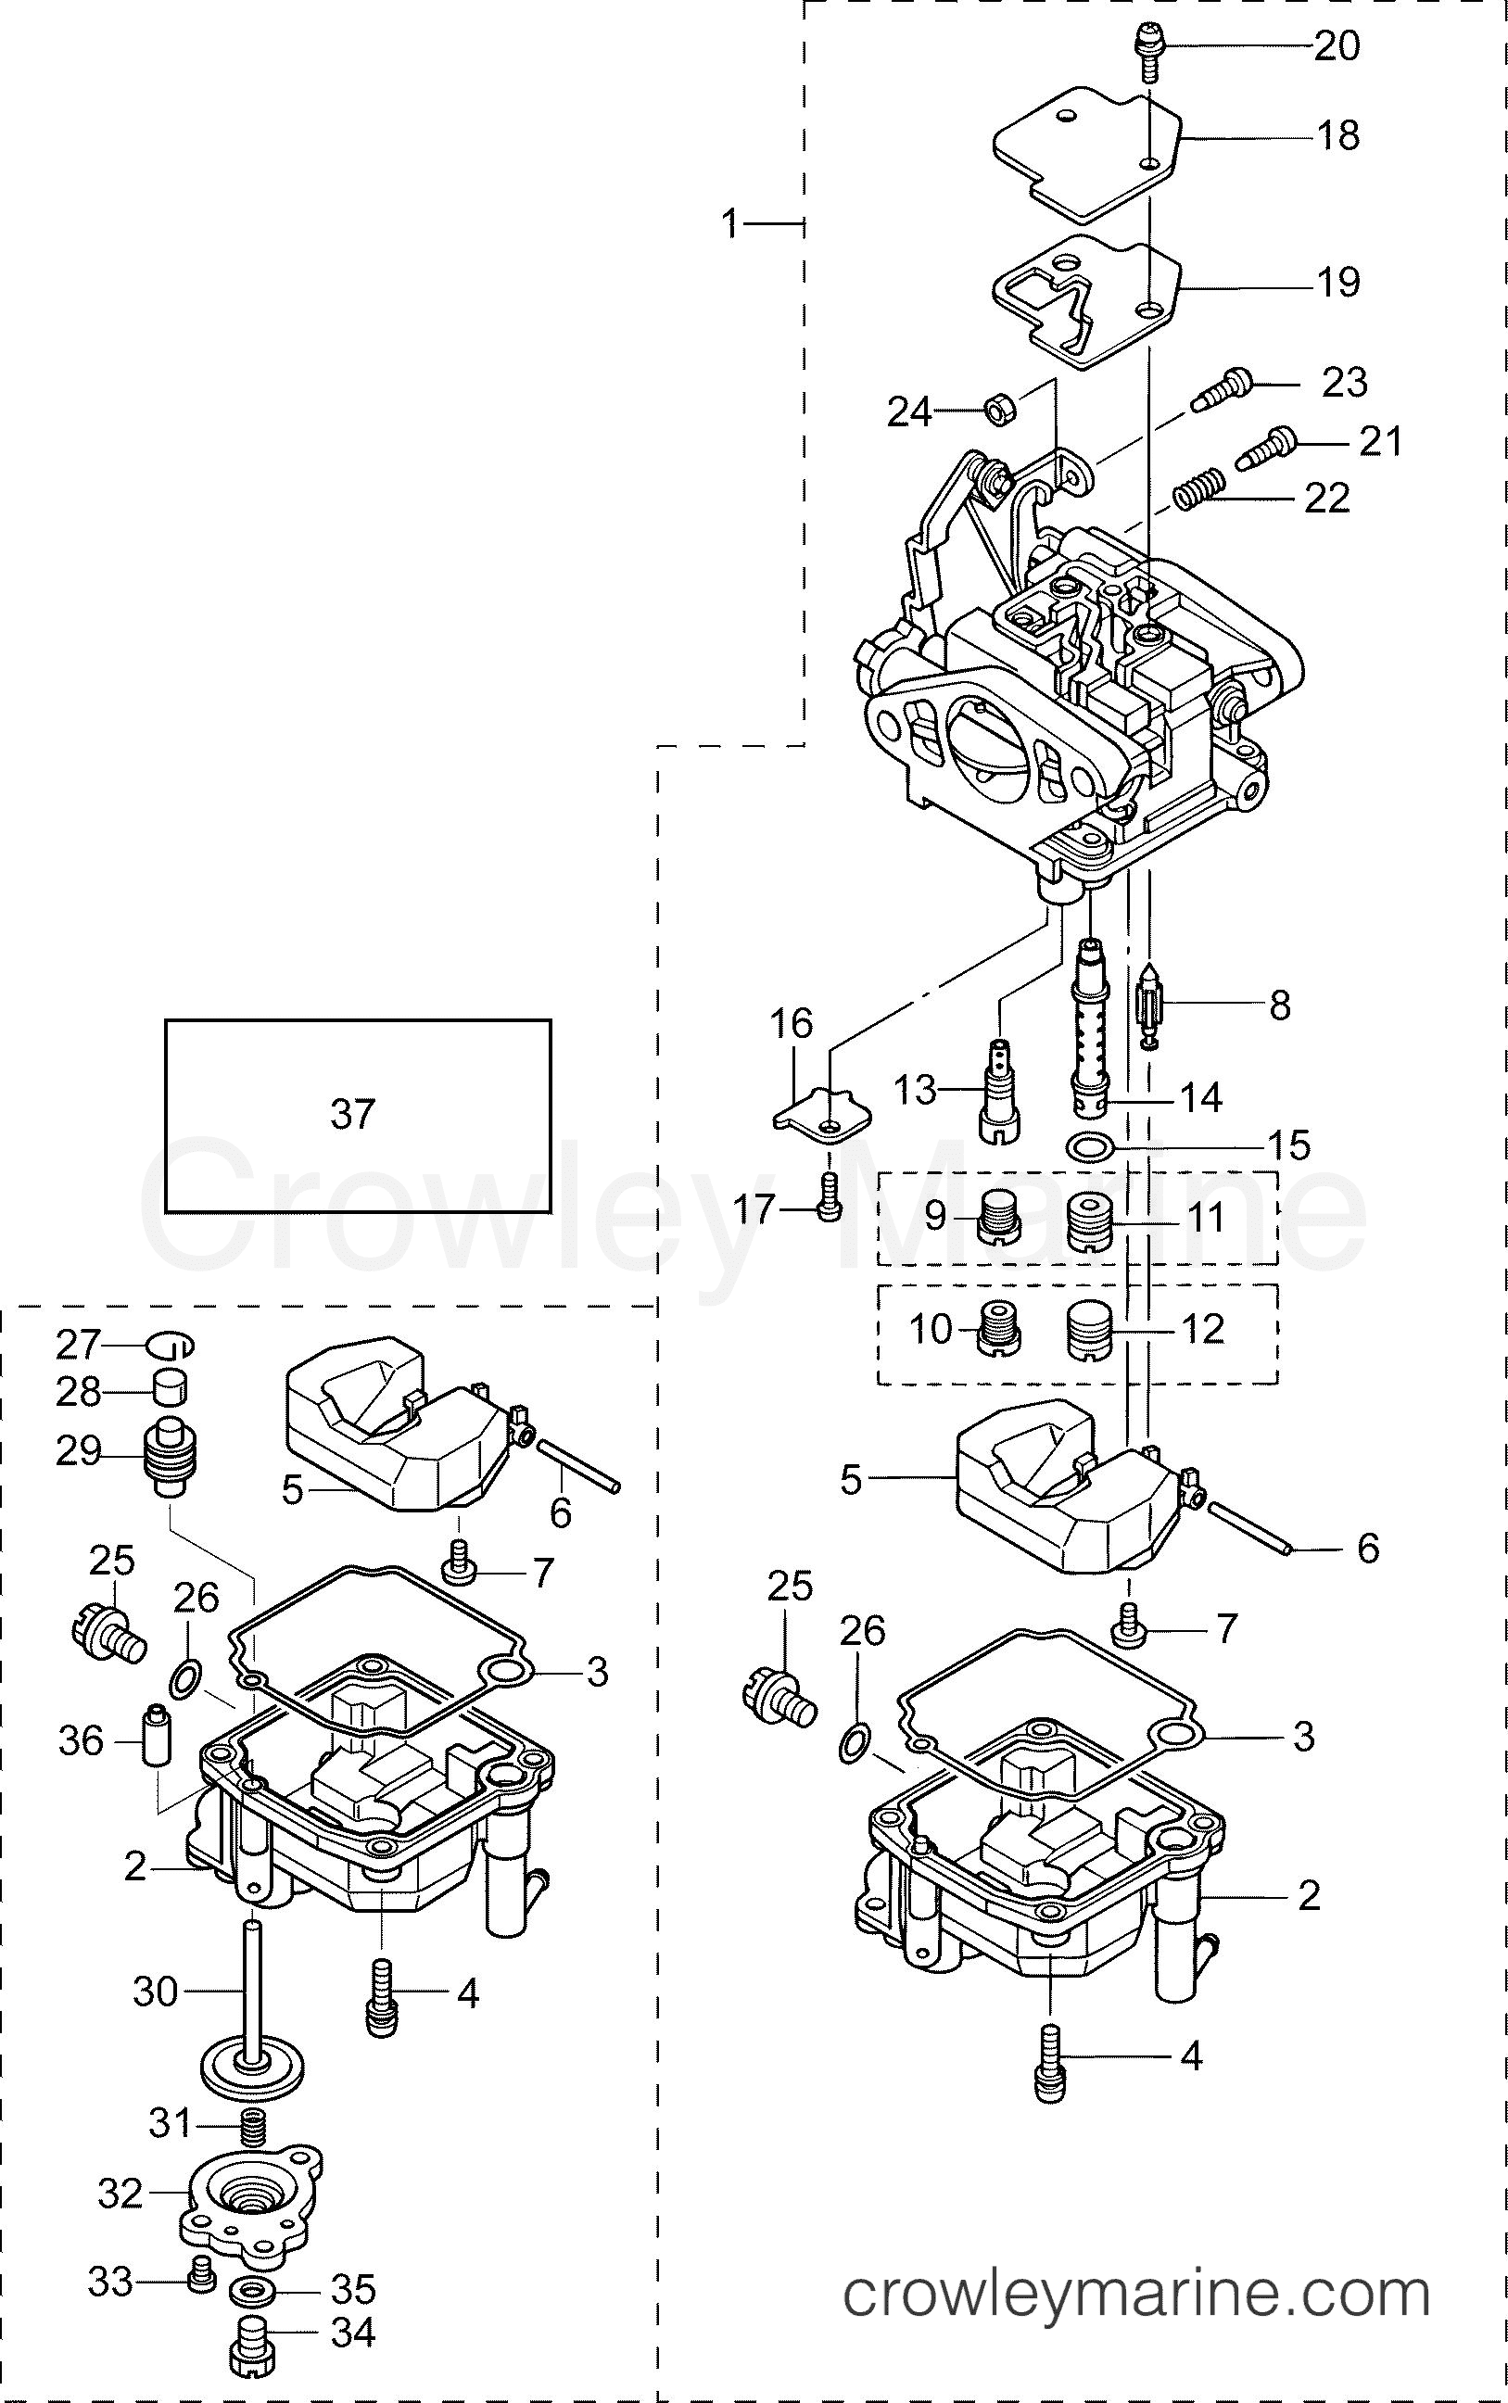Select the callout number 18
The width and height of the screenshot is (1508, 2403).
tap(1337, 135)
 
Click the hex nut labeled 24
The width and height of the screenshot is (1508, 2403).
tap(1000, 407)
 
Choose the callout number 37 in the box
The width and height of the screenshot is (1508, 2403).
tap(352, 1115)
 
